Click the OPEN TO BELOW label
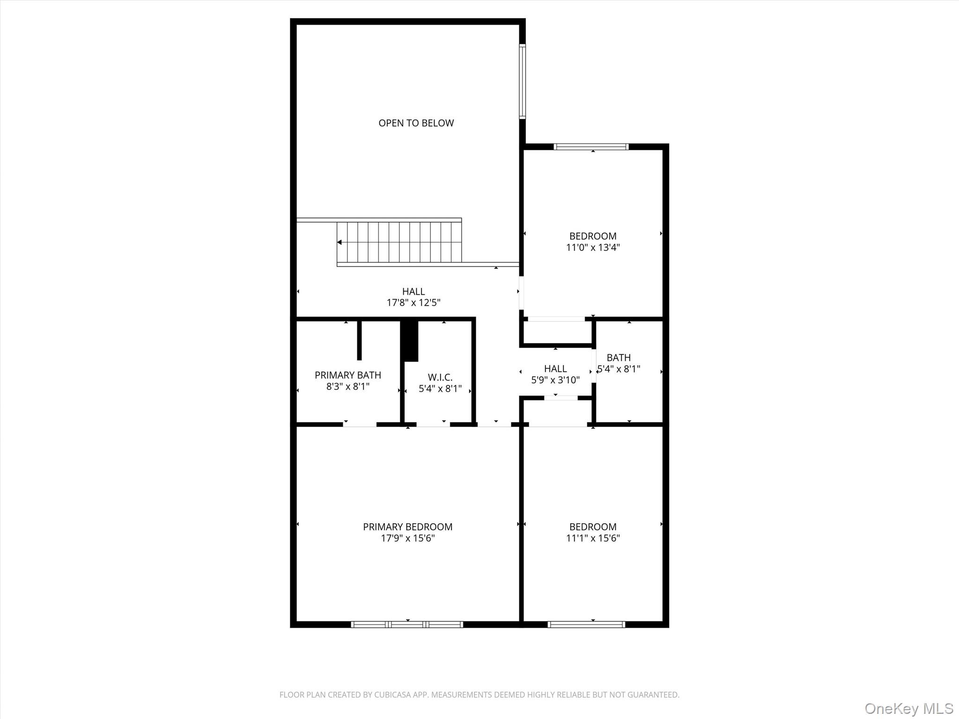pos(416,123)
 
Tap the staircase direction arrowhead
pos(339,242)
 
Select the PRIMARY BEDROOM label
pos(407,527)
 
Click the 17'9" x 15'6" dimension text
pos(407,538)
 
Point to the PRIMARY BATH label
pos(347,375)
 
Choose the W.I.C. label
pos(440,377)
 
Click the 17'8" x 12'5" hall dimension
pos(413,303)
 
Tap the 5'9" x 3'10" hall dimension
pos(555,380)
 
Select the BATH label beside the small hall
pos(618,358)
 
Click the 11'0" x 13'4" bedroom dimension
pos(593,248)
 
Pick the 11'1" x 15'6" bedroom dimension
pos(593,538)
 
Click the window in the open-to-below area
pos(522,81)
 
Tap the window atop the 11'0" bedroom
pos(590,147)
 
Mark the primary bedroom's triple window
pos(407,624)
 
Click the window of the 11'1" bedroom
pos(586,624)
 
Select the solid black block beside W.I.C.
pos(410,341)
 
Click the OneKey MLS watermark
pos(908,709)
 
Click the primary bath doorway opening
pos(360,425)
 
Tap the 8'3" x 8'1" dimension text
pos(347,387)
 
